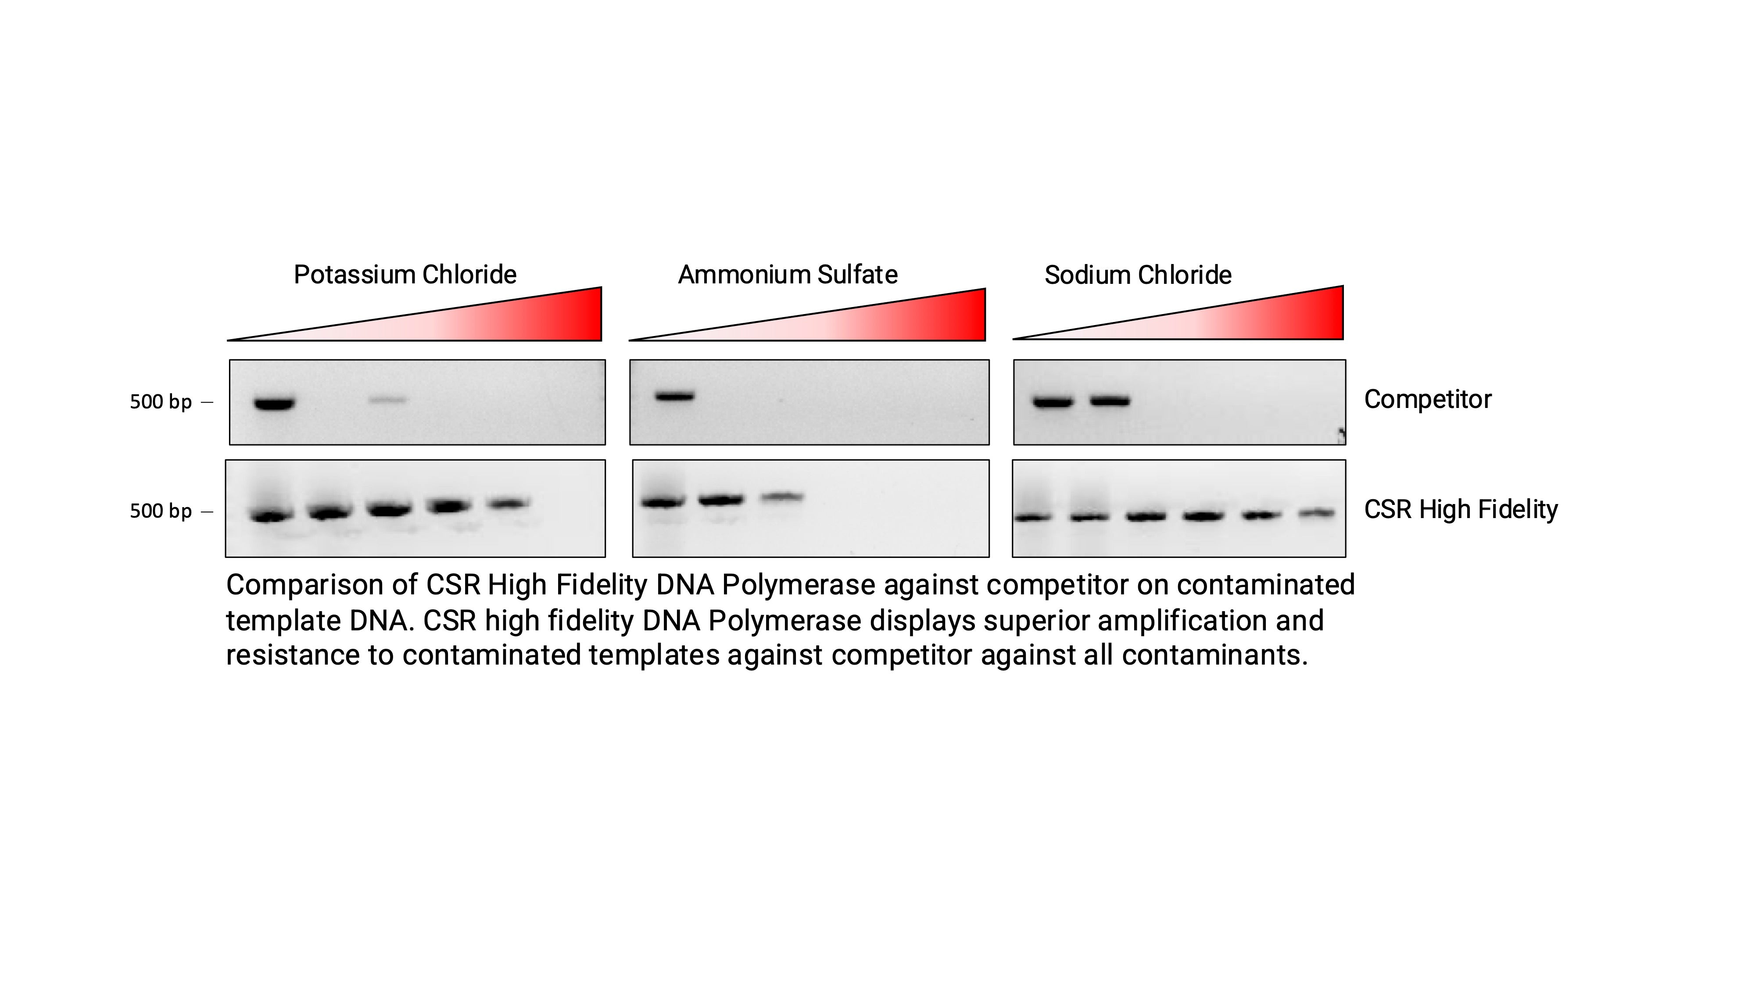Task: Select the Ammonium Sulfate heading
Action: (x=788, y=275)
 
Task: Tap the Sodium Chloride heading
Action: (x=1138, y=275)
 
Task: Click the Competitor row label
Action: (x=1427, y=400)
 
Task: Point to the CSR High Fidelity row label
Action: (x=1461, y=509)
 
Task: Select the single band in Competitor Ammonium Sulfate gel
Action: (x=674, y=396)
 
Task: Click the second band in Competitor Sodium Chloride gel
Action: (x=1110, y=401)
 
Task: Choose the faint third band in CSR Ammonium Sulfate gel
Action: (x=783, y=497)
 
